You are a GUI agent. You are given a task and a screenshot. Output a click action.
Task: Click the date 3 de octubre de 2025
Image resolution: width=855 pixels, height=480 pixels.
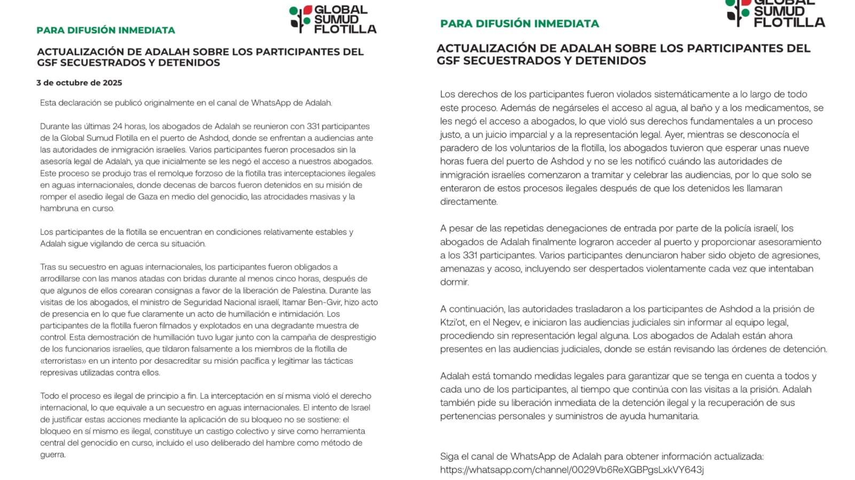tap(79, 83)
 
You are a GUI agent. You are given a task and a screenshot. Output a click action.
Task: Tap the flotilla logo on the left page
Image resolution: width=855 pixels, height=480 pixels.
tap(332, 19)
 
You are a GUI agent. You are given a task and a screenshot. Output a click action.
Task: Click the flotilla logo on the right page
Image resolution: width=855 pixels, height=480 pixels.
tap(775, 13)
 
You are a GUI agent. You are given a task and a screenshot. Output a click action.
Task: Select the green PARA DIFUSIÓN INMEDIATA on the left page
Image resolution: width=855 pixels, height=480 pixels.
tap(106, 30)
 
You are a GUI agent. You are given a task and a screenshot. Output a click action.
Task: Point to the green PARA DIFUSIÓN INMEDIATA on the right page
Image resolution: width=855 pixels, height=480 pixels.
tap(519, 23)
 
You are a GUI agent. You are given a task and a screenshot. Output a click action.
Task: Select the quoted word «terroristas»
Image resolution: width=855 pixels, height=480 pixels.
tap(62, 361)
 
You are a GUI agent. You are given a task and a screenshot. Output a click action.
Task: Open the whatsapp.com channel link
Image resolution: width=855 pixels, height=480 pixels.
tap(572, 470)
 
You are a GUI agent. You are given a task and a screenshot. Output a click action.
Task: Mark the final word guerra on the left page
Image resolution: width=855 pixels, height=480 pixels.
tap(52, 455)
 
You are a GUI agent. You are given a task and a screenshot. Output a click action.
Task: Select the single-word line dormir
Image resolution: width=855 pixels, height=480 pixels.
tap(454, 282)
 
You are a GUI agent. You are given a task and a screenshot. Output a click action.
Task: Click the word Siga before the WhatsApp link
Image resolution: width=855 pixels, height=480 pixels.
tap(450, 457)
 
